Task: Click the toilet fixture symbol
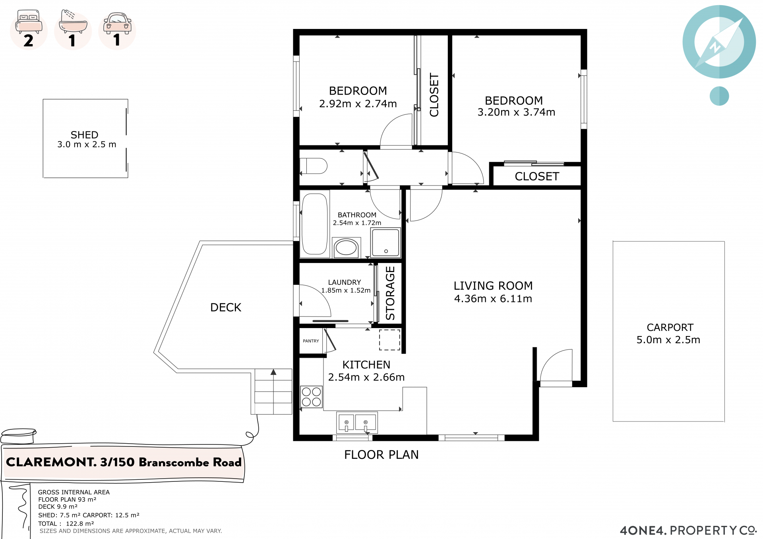pyautogui.click(x=313, y=166)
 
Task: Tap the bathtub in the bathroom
pyautogui.click(x=315, y=224)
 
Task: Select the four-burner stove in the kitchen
pyautogui.click(x=312, y=397)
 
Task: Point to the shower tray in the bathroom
pyautogui.click(x=385, y=242)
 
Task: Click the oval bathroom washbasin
pyautogui.click(x=346, y=247)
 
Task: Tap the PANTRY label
pyautogui.click(x=311, y=341)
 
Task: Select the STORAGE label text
pyautogui.click(x=390, y=293)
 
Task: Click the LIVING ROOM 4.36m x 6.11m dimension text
pyautogui.click(x=493, y=299)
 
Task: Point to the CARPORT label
pyautogui.click(x=670, y=327)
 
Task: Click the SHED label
pyautogui.click(x=84, y=135)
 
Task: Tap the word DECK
pyautogui.click(x=226, y=307)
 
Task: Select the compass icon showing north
pyautogui.click(x=719, y=42)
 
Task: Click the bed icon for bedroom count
pyautogui.click(x=29, y=22)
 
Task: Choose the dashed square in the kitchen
pyautogui.click(x=389, y=340)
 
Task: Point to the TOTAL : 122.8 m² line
pyautogui.click(x=66, y=524)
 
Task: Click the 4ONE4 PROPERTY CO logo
pyautogui.click(x=688, y=530)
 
